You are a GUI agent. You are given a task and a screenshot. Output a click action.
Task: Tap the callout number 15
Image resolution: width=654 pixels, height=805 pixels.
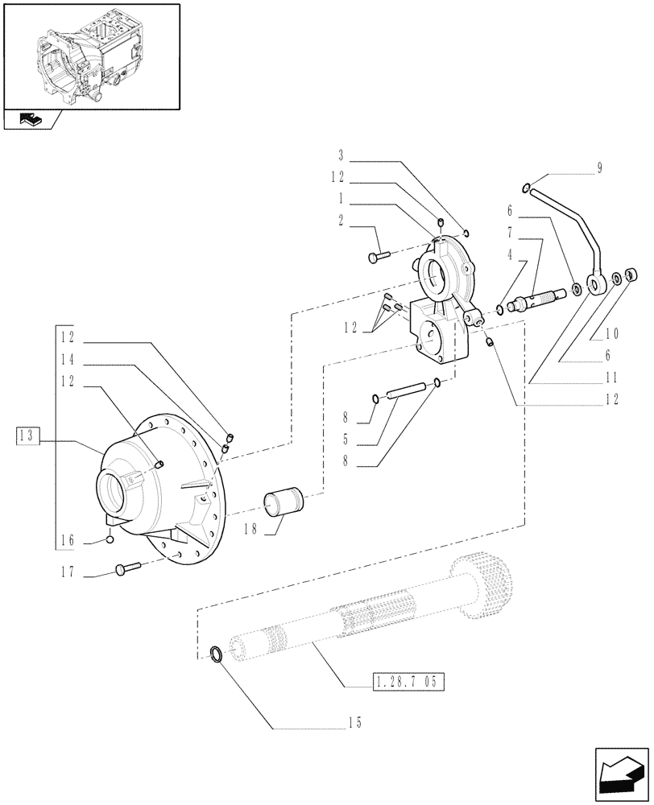(354, 723)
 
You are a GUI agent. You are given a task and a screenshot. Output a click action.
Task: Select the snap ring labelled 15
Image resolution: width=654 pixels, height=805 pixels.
(217, 653)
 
